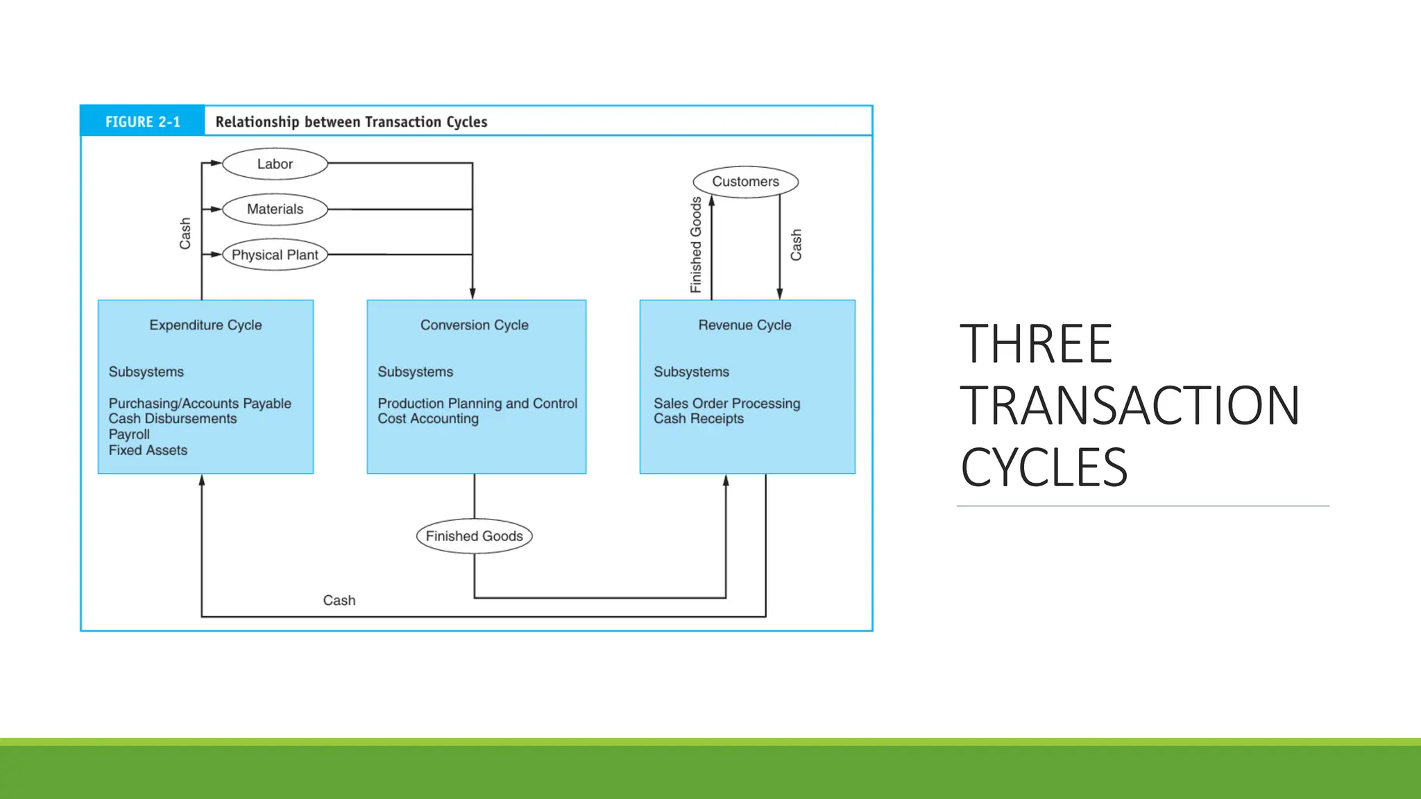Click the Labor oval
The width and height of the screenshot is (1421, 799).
pos(275,164)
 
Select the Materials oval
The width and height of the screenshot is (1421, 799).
pos(275,209)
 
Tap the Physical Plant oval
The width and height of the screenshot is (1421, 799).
pos(275,255)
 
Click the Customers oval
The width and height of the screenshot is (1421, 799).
pos(745,182)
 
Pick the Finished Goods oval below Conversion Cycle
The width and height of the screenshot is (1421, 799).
pos(474,536)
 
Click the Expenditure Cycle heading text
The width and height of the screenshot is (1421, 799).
pos(205,325)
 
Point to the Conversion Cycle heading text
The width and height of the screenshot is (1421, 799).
pos(474,325)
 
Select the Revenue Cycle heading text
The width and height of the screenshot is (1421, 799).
pos(744,325)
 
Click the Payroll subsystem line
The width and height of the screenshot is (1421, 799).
pos(129,435)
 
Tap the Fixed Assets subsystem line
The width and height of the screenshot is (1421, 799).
pos(148,451)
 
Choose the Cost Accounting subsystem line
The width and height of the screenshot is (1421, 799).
pos(428,419)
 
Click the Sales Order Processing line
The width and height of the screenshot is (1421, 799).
pos(726,404)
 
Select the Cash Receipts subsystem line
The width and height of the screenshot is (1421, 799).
pos(698,419)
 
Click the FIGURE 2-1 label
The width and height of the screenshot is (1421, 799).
pos(143,122)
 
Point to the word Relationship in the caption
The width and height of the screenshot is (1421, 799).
pos(257,122)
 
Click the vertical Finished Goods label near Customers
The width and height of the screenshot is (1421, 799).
pos(696,245)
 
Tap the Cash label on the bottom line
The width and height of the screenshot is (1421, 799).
pos(339,601)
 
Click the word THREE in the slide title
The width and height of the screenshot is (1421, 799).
pos(1036,344)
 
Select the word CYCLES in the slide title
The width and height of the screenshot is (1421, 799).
pos(1044,467)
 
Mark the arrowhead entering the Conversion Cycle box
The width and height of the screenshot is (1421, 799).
pos(473,294)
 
